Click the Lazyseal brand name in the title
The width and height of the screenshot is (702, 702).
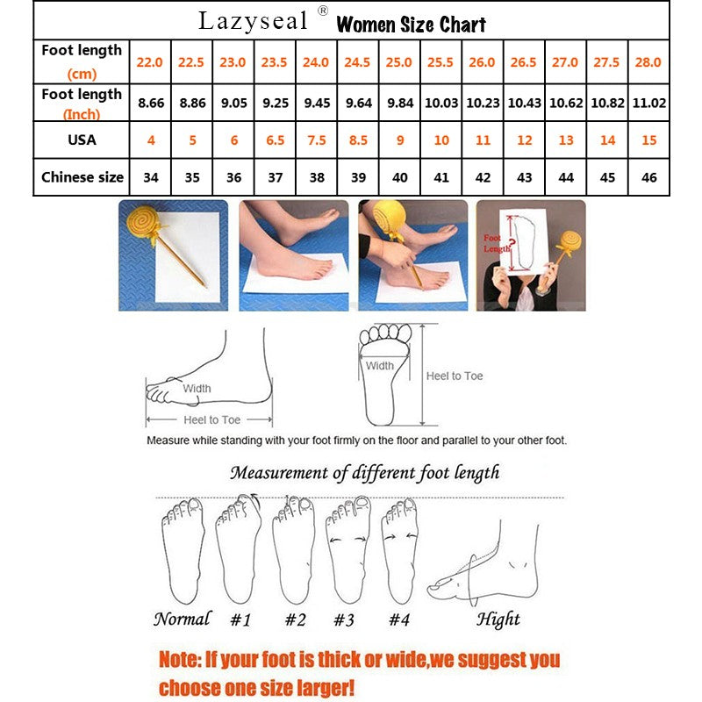point(253,20)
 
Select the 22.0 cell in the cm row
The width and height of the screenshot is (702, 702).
point(149,62)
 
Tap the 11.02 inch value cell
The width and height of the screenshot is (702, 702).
point(650,103)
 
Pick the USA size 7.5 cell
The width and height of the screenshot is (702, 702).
point(316,140)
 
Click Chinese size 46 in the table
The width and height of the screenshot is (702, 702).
point(650,177)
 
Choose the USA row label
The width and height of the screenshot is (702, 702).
point(82,140)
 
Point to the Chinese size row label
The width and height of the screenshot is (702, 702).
point(82,177)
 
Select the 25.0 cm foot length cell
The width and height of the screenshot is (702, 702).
point(400,62)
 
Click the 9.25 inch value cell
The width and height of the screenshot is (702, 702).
point(275,103)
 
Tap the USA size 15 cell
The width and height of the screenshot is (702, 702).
point(650,140)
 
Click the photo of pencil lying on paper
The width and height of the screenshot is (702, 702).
point(173,254)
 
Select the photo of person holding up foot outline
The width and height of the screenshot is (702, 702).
point(530,254)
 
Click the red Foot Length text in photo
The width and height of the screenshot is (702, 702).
point(493,243)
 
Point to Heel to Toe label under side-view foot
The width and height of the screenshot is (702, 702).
point(211,420)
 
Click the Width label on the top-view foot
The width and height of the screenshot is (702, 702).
point(380,366)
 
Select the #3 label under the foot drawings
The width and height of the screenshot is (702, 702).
point(343,620)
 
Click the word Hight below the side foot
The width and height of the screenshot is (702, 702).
point(498,620)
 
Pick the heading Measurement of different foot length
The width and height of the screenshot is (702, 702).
point(364,473)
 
